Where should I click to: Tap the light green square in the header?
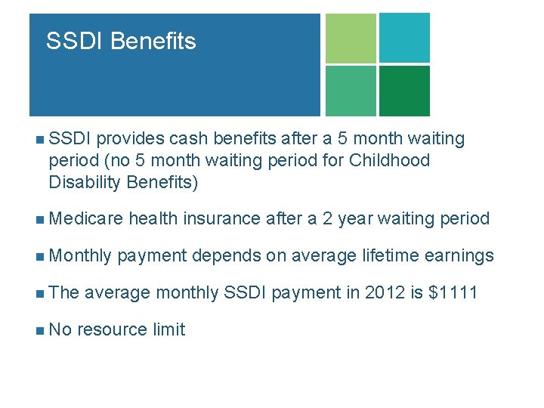coord(351,38)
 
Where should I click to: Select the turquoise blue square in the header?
coord(404,38)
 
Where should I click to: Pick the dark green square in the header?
coord(404,91)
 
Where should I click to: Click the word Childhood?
coord(389,160)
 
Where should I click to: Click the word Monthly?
coord(82,256)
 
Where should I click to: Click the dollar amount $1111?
coord(453,292)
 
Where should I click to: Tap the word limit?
coord(168,329)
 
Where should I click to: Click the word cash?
coord(189,139)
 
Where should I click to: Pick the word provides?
coord(130,139)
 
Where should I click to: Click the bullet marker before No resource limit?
coord(39,330)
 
